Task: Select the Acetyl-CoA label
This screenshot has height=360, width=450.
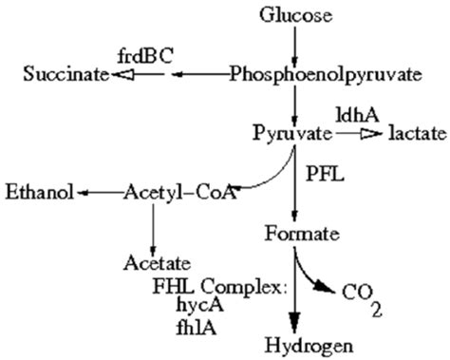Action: click(x=179, y=194)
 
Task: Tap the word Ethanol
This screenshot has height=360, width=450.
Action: click(x=40, y=194)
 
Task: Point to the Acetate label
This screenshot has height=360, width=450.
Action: click(x=156, y=261)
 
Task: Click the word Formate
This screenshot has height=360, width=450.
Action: click(x=296, y=232)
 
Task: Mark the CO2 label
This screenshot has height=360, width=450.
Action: click(x=369, y=296)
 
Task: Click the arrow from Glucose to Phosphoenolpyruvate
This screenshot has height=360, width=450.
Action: click(x=296, y=43)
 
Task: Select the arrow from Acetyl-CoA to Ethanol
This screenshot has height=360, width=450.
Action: click(x=99, y=194)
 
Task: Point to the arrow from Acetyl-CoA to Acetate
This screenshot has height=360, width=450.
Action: click(x=153, y=227)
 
